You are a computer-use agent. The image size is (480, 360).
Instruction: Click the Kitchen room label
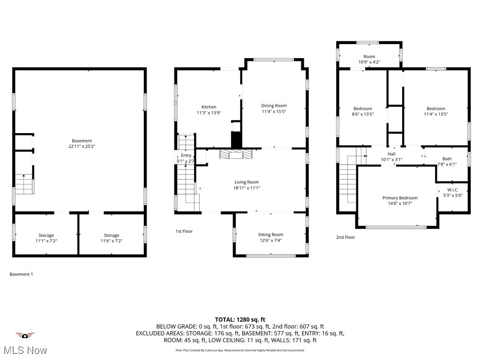[x=209, y=107]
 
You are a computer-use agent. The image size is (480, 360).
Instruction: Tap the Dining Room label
[x=274, y=105]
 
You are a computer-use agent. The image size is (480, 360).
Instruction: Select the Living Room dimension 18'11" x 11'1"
[x=247, y=187]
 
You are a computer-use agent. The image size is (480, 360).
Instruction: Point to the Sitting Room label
[x=270, y=234]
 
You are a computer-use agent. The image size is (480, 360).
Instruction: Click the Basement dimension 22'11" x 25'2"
[x=82, y=146]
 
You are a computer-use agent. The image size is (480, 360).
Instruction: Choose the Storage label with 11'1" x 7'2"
[x=46, y=235]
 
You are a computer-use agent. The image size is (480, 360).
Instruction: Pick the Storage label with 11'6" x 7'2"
[x=111, y=235]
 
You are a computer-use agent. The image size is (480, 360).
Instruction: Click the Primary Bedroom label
[x=399, y=198]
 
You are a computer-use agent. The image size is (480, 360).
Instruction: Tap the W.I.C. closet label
[x=452, y=190]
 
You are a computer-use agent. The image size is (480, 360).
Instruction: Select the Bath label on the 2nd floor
[x=447, y=159]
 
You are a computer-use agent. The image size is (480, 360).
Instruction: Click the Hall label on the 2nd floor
[x=391, y=154]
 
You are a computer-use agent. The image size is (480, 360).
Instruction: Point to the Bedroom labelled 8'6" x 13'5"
[x=362, y=109]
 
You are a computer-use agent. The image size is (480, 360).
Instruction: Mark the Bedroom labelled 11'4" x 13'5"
[x=435, y=109]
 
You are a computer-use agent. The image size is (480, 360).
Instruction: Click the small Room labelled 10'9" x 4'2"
[x=369, y=56]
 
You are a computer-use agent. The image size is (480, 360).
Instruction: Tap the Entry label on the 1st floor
[x=186, y=155]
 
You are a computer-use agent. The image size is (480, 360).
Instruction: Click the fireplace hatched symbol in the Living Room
[x=236, y=155]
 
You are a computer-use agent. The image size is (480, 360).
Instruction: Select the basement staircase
[x=24, y=184]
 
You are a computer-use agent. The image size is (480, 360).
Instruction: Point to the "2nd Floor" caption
[x=345, y=237]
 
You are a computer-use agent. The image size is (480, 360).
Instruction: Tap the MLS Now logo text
[x=24, y=350]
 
